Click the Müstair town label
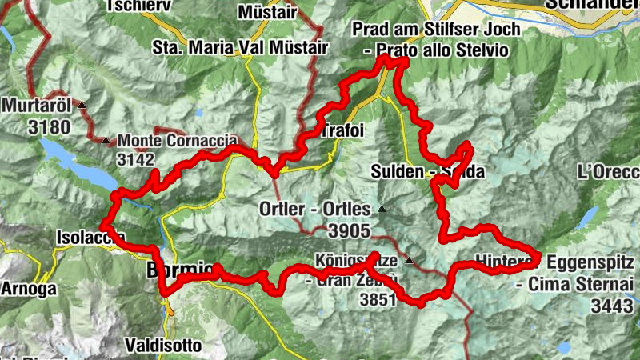click(267, 12)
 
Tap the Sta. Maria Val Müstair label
click(240, 47)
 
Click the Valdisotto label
click(162, 345)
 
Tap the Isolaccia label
click(90, 237)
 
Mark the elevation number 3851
click(378, 299)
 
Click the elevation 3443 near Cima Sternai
click(614, 305)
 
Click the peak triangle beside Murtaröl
click(80, 105)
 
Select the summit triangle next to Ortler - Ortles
click(381, 210)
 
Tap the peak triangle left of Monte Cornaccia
click(106, 141)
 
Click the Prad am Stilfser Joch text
click(435, 30)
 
